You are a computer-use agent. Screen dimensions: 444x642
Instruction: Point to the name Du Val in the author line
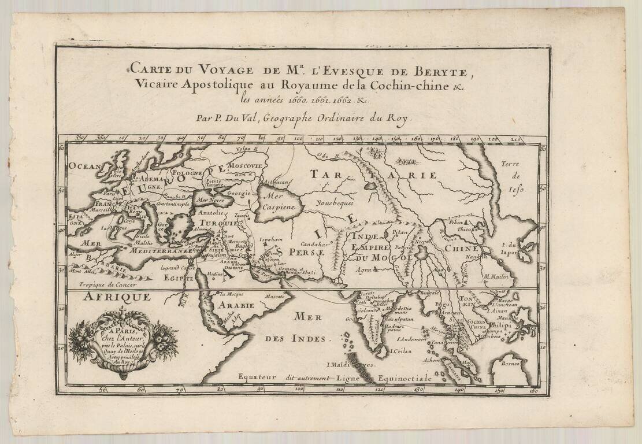238,119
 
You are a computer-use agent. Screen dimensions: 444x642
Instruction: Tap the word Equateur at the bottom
259,377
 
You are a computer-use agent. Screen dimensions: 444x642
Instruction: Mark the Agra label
363,269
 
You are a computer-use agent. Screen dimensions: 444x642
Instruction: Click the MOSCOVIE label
244,165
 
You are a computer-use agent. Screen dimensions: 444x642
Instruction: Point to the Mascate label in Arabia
275,295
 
